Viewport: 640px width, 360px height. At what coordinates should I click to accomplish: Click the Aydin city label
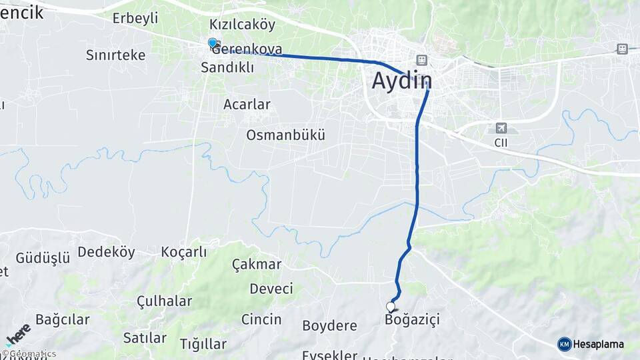[402, 81]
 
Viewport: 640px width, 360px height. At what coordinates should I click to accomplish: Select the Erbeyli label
[135, 18]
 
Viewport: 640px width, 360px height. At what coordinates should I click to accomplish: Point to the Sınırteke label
[115, 55]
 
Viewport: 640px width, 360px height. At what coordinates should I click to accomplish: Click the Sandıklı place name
[227, 67]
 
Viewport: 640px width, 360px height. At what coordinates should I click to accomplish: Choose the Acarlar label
[247, 104]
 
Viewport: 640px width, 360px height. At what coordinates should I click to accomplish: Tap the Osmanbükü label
[285, 135]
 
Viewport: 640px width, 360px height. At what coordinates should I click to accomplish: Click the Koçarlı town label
[184, 252]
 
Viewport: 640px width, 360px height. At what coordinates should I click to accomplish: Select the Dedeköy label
[107, 252]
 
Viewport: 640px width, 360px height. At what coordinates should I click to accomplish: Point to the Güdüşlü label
[43, 258]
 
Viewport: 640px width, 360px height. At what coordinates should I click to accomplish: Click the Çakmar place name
[257, 264]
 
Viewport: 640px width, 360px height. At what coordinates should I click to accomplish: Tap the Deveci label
[271, 289]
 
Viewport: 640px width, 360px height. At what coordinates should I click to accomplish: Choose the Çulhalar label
[164, 301]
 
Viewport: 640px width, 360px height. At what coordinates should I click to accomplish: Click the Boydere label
[329, 326]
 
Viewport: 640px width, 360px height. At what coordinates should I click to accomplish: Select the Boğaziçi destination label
[413, 320]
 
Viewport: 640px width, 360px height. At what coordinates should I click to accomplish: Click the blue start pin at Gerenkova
[213, 43]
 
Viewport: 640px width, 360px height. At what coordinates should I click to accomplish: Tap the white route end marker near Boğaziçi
[391, 307]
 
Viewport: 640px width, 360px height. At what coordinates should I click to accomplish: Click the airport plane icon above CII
[501, 128]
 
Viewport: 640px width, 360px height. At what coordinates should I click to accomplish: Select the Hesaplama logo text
[599, 344]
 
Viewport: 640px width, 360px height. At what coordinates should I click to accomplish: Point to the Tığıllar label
[203, 344]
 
